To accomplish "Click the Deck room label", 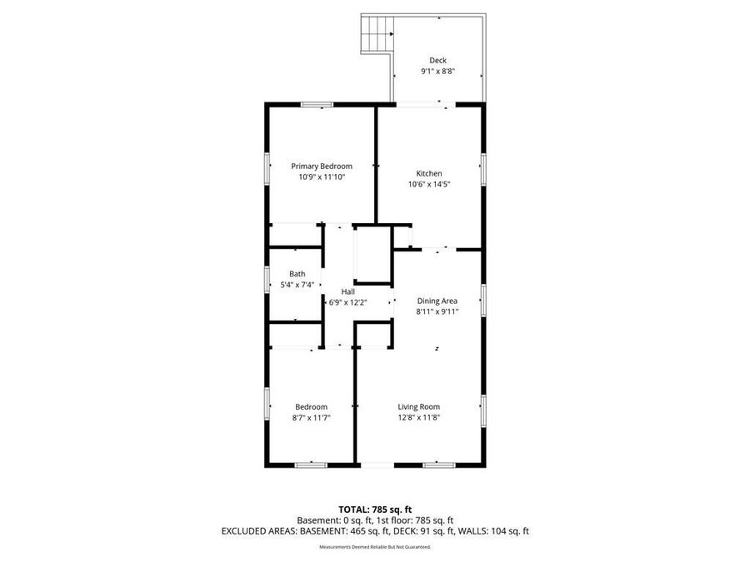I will pos(437,60).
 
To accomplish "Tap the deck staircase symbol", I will pos(377,34).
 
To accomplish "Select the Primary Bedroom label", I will pos(321,166).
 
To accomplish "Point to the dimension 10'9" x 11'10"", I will pos(321,177).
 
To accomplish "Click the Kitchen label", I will pos(429,173).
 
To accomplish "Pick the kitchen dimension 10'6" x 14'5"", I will pos(429,184).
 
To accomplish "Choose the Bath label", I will pos(297,274).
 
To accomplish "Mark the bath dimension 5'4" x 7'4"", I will pos(297,285).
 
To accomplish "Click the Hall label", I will pos(347,291).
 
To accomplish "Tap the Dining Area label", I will pos(437,301).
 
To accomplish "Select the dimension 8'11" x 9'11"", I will pos(437,311).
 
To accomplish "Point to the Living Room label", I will pos(418,406).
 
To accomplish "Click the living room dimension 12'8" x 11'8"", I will pos(418,417).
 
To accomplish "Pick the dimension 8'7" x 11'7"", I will pos(311,417).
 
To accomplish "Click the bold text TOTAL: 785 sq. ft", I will pos(375,508).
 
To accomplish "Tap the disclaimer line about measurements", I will pos(375,547).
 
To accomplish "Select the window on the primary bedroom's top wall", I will pos(317,104).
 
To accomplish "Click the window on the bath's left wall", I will pos(267,278).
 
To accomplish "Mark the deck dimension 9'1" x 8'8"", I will pos(437,72).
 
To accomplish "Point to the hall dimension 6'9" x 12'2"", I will pos(347,302).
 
